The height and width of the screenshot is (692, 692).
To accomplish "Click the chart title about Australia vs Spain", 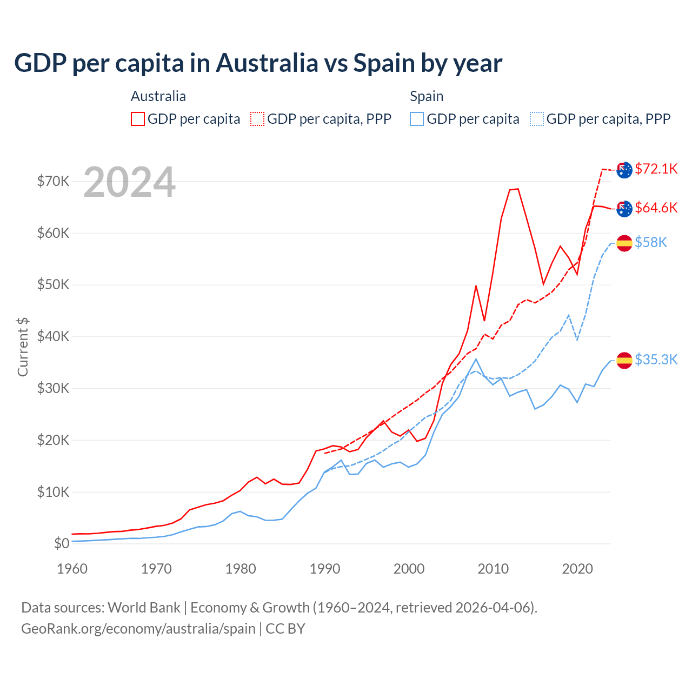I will tap(258, 63).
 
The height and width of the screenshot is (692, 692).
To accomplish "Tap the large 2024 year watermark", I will tap(129, 182).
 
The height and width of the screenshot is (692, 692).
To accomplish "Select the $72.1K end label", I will tap(656, 169).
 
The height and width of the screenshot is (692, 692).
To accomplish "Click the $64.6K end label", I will tap(656, 208).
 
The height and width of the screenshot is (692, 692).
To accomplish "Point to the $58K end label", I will tap(651, 242).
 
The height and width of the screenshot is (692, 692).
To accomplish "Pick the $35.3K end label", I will tap(656, 360).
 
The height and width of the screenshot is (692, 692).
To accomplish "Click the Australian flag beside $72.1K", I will tap(624, 170).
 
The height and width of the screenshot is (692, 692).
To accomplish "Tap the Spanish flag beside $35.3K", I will tap(624, 360).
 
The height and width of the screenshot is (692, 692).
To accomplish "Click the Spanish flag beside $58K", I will tap(624, 243).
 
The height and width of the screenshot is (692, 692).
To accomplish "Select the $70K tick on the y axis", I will tap(53, 181).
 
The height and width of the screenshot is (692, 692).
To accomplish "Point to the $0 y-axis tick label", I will tap(62, 543).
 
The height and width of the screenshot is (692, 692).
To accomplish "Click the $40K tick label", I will tap(53, 336).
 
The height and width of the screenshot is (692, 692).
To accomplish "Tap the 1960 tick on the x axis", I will tap(72, 569).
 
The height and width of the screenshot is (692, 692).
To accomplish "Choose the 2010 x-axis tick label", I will tap(493, 569).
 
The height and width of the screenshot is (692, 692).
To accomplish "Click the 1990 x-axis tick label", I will tap(325, 569).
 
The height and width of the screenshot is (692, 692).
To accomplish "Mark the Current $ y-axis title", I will tap(23, 347).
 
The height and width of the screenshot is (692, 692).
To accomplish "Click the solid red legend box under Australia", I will tap(138, 119).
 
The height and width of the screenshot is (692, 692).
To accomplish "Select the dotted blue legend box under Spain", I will tap(537, 119).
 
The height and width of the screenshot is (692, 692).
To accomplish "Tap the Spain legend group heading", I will tap(427, 96).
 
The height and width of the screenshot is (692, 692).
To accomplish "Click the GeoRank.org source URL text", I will tap(138, 629).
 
